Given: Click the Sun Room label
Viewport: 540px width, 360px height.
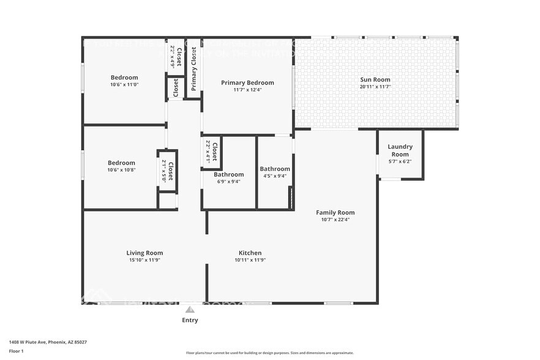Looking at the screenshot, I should coord(375,80).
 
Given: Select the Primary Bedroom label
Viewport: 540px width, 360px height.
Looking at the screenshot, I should coord(247,83).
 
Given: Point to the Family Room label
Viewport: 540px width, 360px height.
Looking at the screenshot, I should coord(335,212).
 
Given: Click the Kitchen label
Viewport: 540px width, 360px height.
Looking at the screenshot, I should coord(250,253).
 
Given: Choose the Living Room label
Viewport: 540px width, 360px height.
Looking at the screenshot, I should coord(144,253).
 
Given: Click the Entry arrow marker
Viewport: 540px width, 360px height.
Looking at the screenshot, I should coord(190,310).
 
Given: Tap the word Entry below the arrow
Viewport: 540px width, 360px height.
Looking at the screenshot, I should coord(190,320).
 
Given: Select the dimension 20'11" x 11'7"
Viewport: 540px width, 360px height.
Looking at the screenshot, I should coord(375,87).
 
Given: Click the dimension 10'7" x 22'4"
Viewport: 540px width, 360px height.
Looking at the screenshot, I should coord(335,220).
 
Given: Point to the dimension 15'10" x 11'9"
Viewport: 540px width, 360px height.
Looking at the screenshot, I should coord(144,260).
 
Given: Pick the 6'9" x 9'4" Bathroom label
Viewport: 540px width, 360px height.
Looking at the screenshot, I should coord(228,174).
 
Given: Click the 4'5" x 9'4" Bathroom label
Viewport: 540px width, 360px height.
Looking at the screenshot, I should coord(275,169).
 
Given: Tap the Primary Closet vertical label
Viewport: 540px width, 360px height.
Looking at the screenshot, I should coord(194,69).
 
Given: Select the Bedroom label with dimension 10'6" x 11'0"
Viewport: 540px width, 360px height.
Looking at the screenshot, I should coord(124,78).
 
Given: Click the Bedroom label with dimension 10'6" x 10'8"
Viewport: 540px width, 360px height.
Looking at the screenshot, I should coord(121,163).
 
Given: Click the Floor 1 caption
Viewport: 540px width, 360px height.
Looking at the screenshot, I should coord(16,351).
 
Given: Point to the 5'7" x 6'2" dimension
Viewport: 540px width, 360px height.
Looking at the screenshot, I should coord(400,162).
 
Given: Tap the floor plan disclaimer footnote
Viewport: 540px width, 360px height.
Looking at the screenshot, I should coord(269,353).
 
